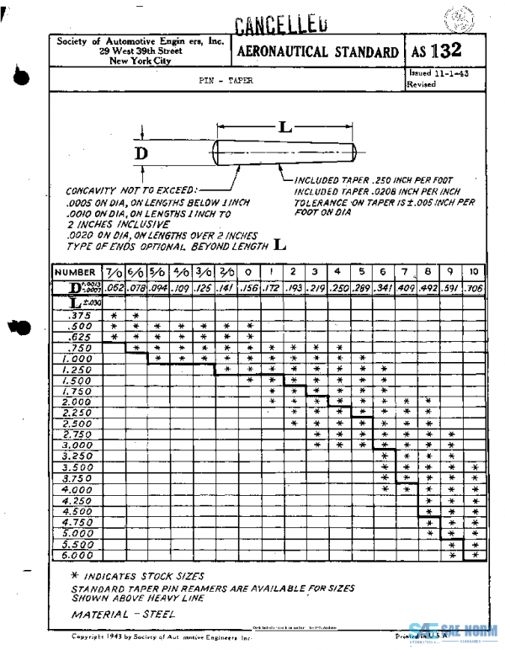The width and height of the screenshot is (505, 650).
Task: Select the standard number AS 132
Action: (x=437, y=51)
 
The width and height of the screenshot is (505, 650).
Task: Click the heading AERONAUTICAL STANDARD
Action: (x=318, y=52)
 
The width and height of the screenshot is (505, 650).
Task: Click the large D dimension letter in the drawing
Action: (x=141, y=153)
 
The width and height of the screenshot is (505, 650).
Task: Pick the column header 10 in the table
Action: (x=474, y=272)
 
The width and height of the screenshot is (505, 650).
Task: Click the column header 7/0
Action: (x=114, y=273)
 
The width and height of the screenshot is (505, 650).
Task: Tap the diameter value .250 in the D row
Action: (x=337, y=289)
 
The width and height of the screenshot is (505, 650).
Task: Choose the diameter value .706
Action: (x=474, y=289)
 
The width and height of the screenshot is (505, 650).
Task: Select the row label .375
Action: (x=77, y=315)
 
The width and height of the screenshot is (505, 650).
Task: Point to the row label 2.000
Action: (x=77, y=402)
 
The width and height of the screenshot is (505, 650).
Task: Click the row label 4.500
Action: (x=77, y=510)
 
